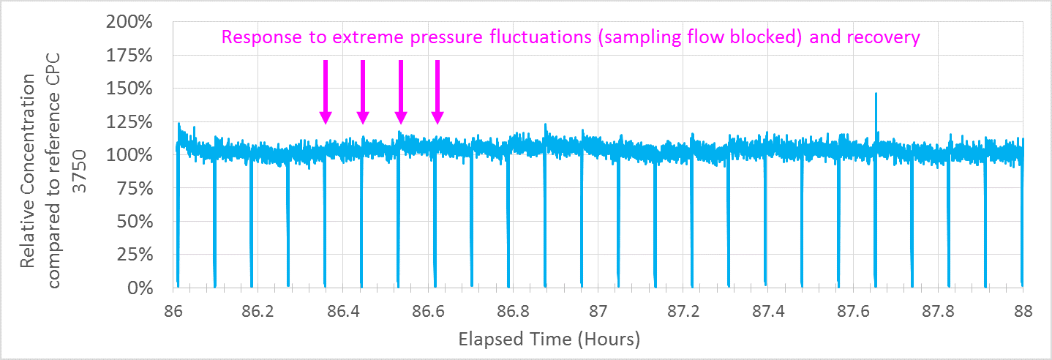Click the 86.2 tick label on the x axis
258,311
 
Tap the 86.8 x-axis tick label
514,311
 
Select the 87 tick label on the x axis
598,311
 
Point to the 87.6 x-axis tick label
854,311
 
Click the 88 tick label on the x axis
1023,311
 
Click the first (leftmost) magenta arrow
326,92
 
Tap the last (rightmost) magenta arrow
437,92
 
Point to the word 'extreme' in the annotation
358,37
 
